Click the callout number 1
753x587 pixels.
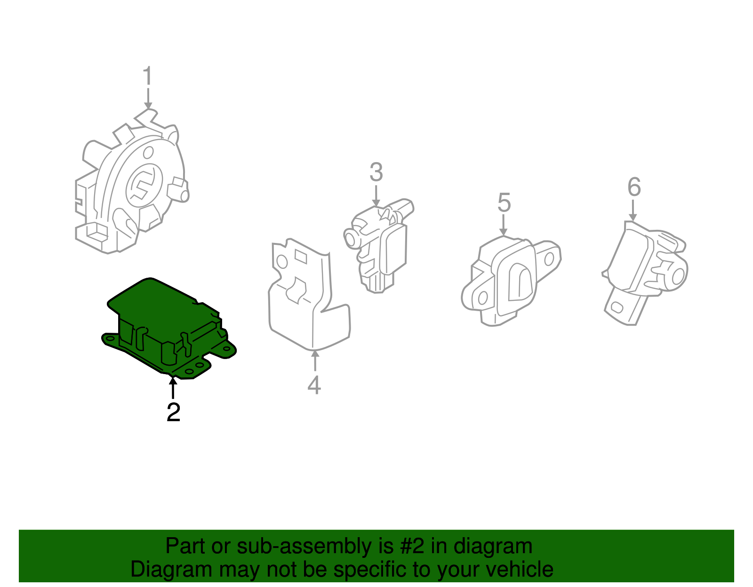(148, 77)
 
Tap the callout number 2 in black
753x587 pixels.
(173, 412)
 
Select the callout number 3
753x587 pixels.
(376, 172)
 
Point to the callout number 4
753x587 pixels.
(314, 385)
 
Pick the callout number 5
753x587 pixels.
(504, 203)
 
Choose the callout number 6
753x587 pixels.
(634, 187)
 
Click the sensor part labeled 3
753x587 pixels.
(381, 244)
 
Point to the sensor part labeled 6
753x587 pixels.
(645, 268)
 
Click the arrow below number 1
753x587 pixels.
(148, 100)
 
